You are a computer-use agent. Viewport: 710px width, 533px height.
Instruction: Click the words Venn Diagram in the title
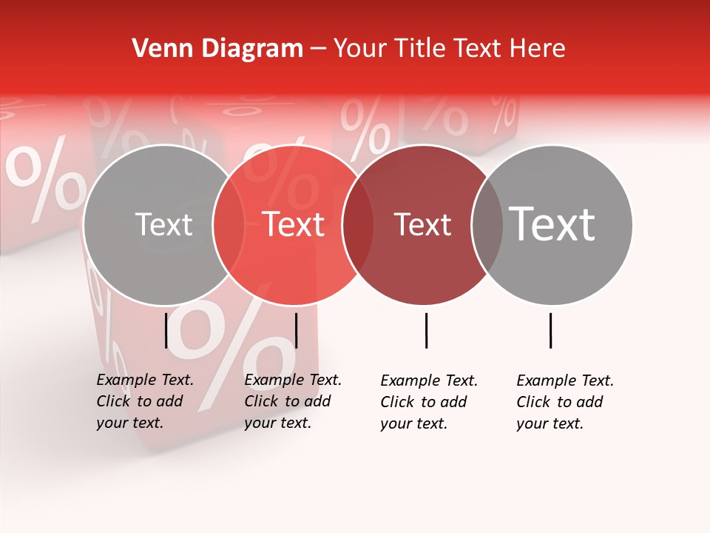(x=217, y=49)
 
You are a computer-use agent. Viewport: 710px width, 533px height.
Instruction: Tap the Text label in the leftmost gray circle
(x=163, y=225)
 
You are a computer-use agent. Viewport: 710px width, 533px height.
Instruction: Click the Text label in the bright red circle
(x=294, y=224)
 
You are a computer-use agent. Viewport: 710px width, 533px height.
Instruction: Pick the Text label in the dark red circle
(x=422, y=225)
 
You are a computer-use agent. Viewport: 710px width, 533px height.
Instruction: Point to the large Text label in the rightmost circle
(x=552, y=224)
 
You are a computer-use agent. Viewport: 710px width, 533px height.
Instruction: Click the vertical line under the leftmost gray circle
(x=166, y=330)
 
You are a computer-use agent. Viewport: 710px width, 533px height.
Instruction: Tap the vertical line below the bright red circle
(x=296, y=330)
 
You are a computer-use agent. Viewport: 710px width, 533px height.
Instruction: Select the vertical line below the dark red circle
(x=426, y=330)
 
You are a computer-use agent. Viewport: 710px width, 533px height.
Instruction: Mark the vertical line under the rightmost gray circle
(x=550, y=330)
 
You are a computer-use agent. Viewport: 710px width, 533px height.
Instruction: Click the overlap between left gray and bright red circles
(x=229, y=224)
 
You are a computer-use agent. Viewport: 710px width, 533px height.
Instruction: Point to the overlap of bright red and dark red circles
(x=358, y=224)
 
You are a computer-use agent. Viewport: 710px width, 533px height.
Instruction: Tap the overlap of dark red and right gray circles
(x=487, y=224)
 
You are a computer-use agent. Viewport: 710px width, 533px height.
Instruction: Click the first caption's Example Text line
(x=145, y=380)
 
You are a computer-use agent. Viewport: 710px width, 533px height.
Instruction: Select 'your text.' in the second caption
(x=277, y=423)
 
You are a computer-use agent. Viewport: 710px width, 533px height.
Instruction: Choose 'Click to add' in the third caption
(x=423, y=402)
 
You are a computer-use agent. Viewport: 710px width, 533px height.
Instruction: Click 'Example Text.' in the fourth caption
(x=565, y=381)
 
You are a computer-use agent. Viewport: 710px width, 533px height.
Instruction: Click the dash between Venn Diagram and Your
(x=318, y=49)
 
